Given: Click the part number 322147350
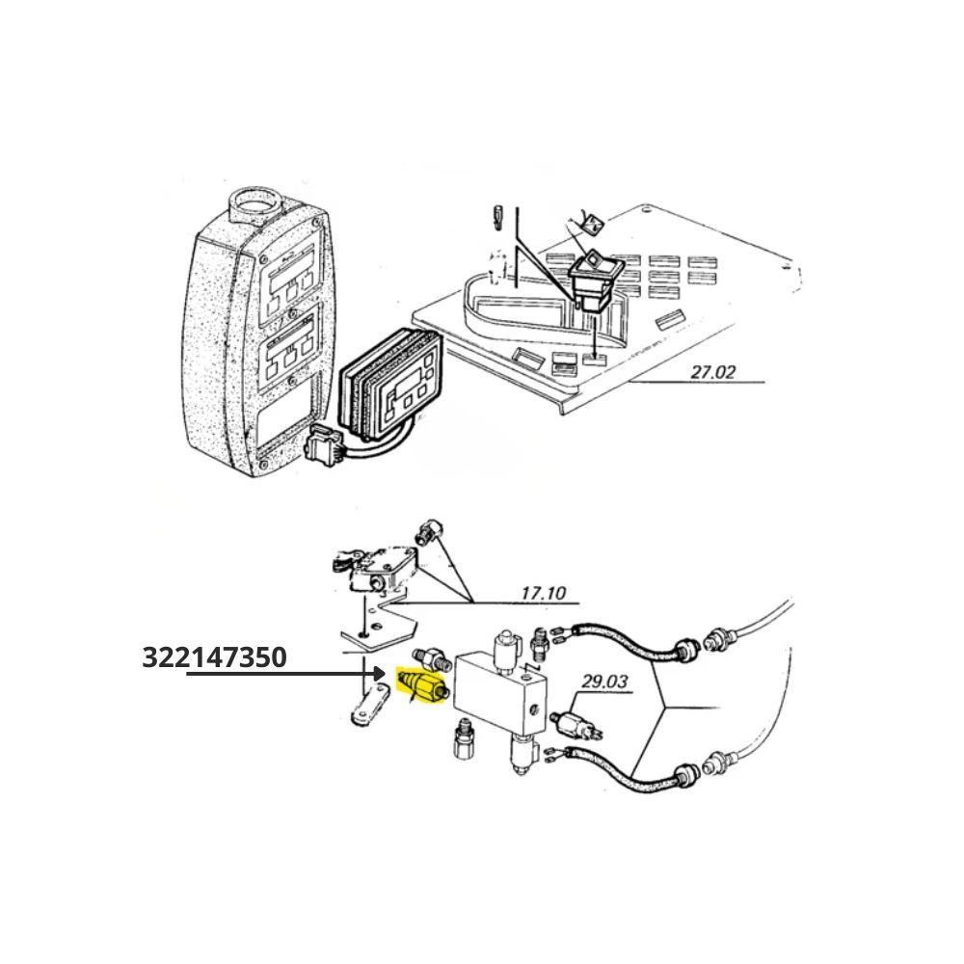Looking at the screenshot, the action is pyautogui.click(x=214, y=656).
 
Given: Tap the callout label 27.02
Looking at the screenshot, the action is pyautogui.click(x=712, y=372).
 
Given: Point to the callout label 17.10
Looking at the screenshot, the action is pyautogui.click(x=543, y=593).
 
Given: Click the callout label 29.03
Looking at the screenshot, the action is pyautogui.click(x=605, y=682).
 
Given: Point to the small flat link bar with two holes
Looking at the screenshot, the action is pyautogui.click(x=369, y=708).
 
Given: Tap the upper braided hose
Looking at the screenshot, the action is pyautogui.click(x=628, y=639).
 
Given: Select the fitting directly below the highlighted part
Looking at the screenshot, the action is pyautogui.click(x=462, y=738).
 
